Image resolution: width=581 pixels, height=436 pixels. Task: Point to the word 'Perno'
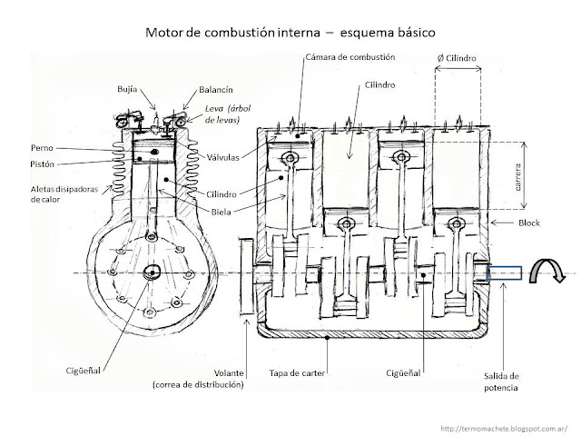tap(41, 147)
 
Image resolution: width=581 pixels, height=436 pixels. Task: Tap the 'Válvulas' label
tap(221, 157)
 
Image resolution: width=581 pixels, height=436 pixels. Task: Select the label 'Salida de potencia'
tap(501, 381)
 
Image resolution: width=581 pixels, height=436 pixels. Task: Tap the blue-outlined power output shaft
tap(506, 272)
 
